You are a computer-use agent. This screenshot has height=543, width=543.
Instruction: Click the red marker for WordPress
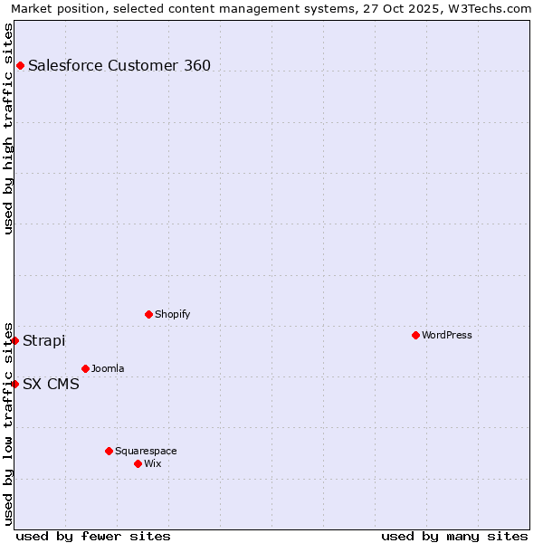pyautogui.click(x=415, y=335)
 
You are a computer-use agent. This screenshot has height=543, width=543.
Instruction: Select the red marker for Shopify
pyautogui.click(x=148, y=314)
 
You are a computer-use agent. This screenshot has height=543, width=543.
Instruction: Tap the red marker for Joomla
pyautogui.click(x=85, y=368)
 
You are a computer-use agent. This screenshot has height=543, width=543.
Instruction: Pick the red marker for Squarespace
pyautogui.click(x=109, y=451)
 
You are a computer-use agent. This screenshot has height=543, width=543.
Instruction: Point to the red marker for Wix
pyautogui.click(x=138, y=463)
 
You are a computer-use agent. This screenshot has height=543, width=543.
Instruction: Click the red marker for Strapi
pyautogui.click(x=15, y=340)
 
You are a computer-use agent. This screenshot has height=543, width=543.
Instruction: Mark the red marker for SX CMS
pyautogui.click(x=15, y=384)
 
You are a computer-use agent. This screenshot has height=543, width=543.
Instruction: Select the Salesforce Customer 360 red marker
pyautogui.click(x=20, y=65)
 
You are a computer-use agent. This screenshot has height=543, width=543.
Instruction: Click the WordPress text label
pyautogui.click(x=447, y=335)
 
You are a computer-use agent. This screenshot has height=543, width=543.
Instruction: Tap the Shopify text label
pyautogui.click(x=172, y=314)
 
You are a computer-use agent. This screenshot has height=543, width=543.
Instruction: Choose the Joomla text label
pyautogui.click(x=108, y=368)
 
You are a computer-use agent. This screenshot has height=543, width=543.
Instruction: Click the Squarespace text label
pyautogui.click(x=146, y=451)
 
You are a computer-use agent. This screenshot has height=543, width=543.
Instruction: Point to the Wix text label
pyautogui.click(x=152, y=463)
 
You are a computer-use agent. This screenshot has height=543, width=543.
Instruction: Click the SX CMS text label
pyautogui.click(x=51, y=384)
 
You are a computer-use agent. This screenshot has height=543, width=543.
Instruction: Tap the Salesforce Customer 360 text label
pyautogui.click(x=119, y=65)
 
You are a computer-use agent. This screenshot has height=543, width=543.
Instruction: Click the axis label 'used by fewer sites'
pyautogui.click(x=93, y=536)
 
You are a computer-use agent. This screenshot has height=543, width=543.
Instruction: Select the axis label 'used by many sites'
pyautogui.click(x=454, y=536)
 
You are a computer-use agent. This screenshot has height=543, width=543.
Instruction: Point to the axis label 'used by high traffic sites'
pyautogui.click(x=8, y=129)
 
